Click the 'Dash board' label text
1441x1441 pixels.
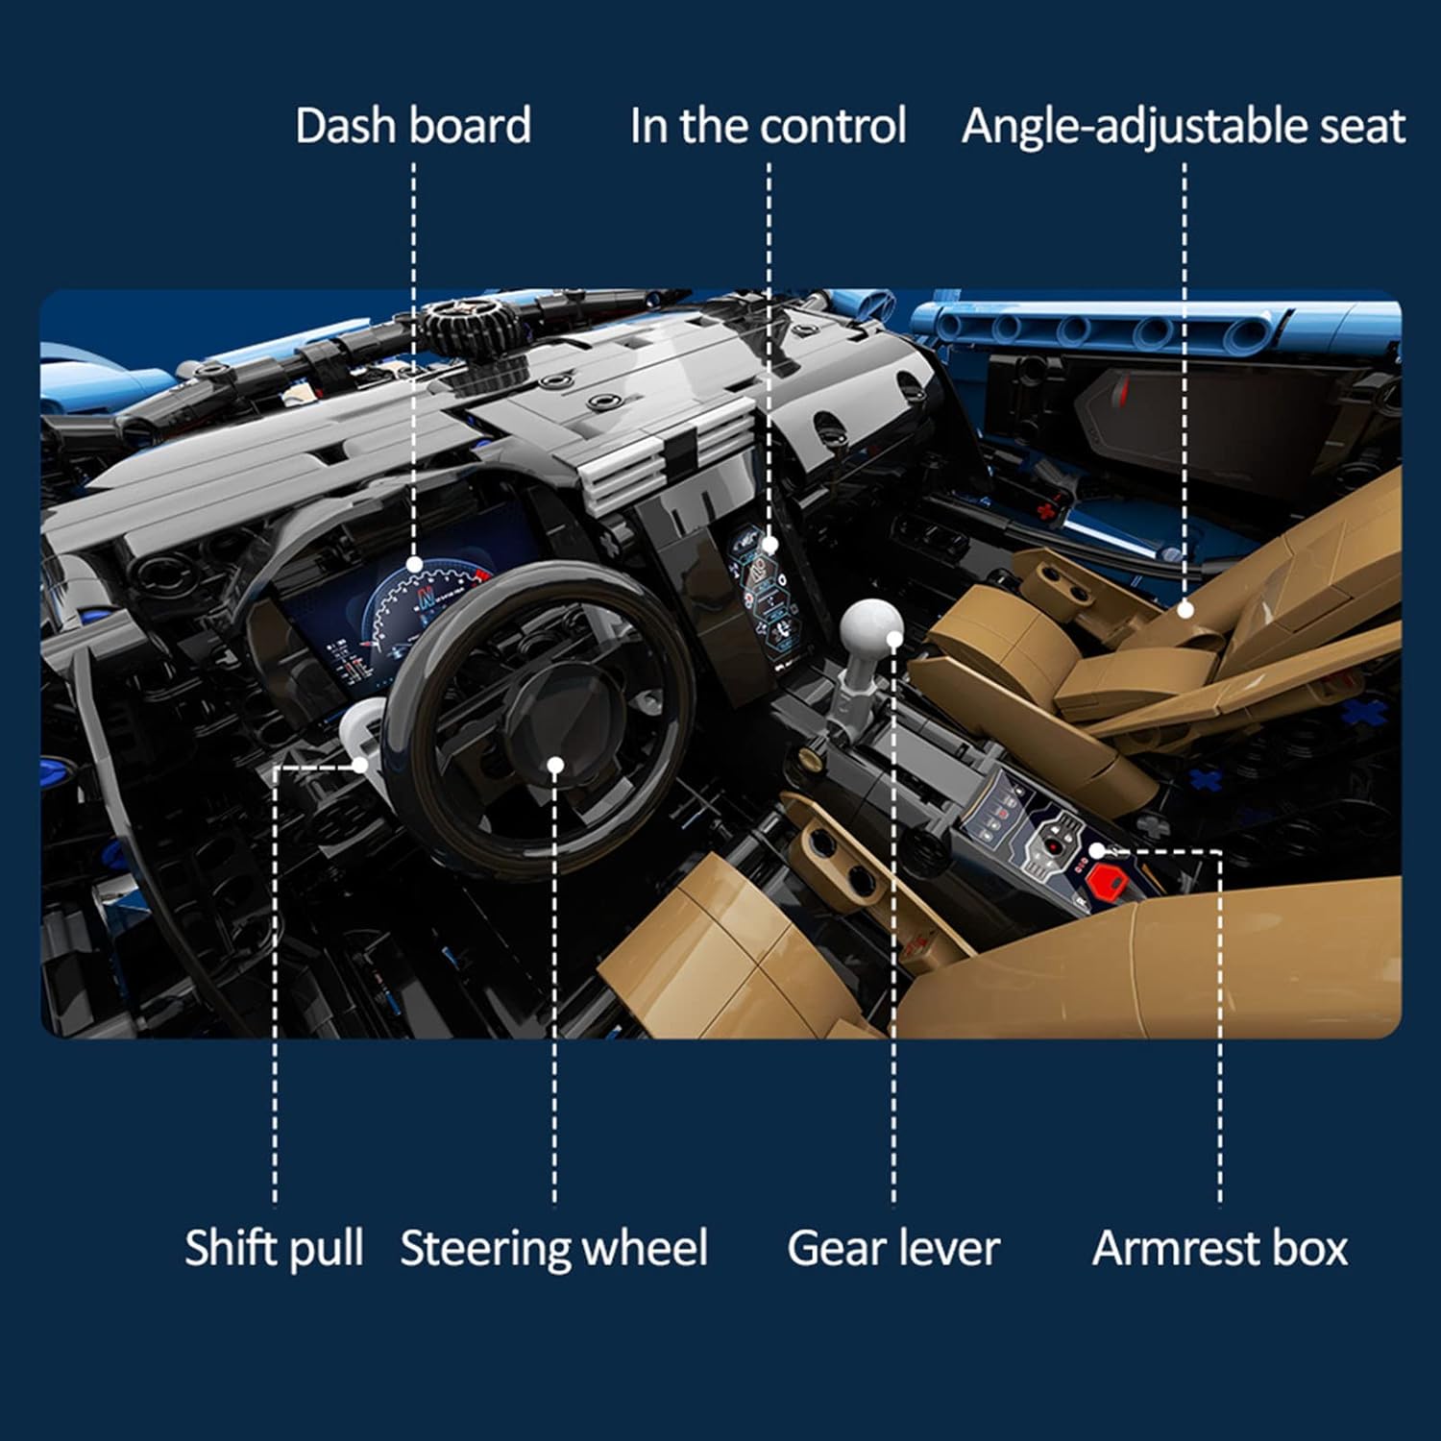coord(413,126)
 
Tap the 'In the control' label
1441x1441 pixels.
coord(768,126)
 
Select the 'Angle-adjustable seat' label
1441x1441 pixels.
coord(1184,126)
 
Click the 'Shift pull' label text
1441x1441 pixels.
coord(274,1248)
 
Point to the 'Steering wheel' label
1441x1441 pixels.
coord(554,1248)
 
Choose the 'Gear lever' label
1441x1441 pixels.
coord(893,1248)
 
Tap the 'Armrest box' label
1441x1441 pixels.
coord(1220,1248)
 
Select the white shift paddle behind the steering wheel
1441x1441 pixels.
coord(361,730)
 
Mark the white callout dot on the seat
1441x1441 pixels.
coord(1185,609)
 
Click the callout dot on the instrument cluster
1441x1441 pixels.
coord(414,564)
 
